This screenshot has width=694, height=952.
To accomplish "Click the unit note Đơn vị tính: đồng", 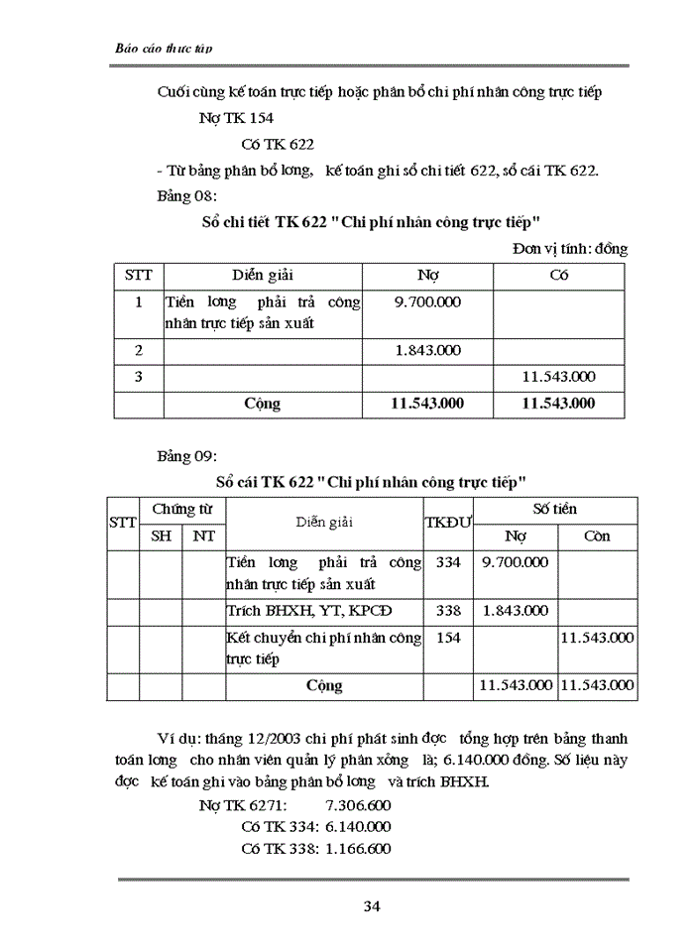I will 570,249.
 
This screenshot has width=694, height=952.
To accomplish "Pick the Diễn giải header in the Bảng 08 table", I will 263,275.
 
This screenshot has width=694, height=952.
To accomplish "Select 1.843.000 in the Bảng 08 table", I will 427,350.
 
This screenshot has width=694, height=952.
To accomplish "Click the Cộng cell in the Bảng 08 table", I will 263,404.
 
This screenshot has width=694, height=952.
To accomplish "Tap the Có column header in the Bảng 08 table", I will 558,275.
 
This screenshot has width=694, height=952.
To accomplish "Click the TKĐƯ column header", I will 448,522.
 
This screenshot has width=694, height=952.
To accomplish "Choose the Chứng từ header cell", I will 182,509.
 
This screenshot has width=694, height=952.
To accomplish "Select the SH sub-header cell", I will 160,536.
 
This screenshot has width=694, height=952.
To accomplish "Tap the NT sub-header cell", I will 203,536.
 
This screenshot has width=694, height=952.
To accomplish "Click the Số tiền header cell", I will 554,509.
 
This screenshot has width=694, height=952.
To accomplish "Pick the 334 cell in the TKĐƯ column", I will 448,562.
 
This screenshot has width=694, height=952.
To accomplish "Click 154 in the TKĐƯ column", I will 448,638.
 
